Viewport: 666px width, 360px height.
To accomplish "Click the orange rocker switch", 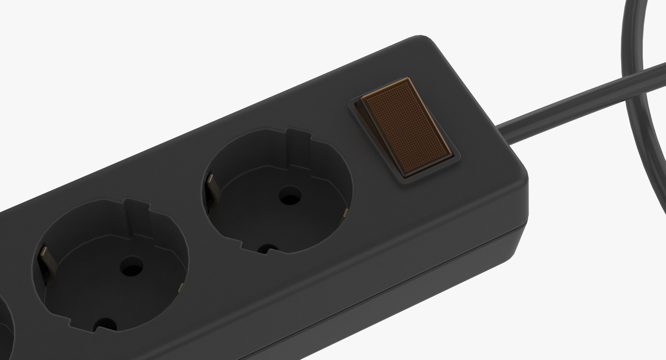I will coord(406,126).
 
